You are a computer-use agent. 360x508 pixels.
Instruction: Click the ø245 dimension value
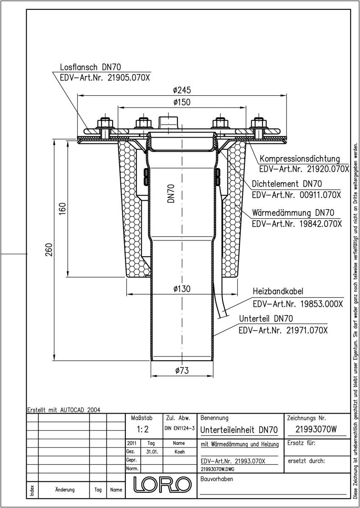coord(182,90)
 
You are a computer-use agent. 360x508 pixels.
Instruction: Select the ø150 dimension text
coord(182,102)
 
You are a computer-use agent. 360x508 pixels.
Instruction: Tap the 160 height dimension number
coord(63,209)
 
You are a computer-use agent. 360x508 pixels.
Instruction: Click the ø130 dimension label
coord(182,289)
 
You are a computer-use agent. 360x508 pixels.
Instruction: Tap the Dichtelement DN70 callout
coord(287,184)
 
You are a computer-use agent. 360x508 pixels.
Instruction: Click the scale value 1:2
coord(143,429)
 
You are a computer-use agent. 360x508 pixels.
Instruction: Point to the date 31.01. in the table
coord(152,452)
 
